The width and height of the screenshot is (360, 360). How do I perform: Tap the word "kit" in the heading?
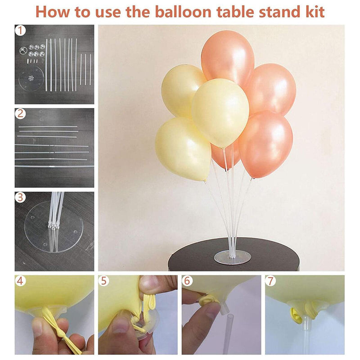315,12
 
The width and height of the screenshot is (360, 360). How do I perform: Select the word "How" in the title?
52,12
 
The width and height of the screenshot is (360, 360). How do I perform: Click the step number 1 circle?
20,30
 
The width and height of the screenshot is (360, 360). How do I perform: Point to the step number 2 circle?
20,114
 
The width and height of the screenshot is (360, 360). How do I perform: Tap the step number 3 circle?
20,198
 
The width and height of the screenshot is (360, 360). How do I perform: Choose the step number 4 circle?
20,281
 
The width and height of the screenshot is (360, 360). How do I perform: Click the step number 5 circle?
104,281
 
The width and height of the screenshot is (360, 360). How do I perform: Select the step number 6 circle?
187,281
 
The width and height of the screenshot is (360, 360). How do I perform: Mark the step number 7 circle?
270,281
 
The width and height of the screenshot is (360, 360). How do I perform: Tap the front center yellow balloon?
220,112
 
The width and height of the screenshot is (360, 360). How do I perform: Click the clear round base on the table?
232,257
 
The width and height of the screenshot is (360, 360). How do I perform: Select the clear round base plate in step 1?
31,78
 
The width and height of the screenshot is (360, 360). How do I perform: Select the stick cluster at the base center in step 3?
53,226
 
